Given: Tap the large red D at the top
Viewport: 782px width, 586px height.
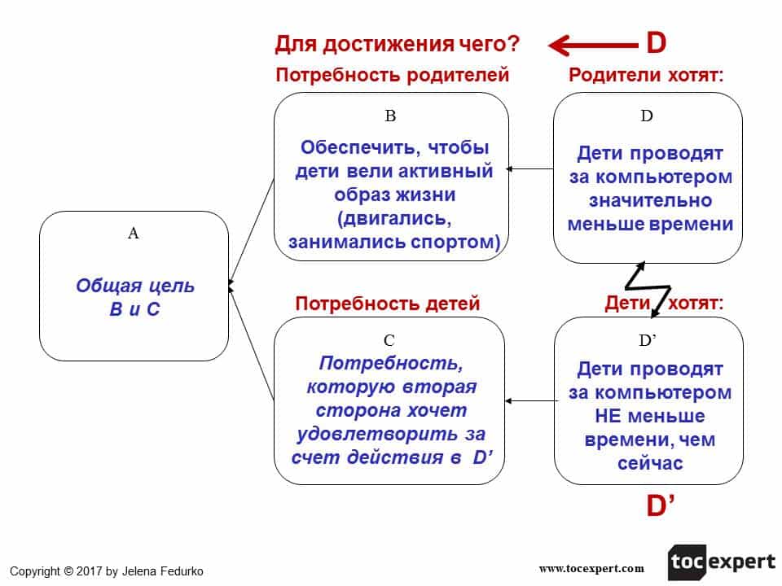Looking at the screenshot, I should (x=656, y=42).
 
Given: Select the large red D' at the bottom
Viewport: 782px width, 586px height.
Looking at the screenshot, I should (x=661, y=506).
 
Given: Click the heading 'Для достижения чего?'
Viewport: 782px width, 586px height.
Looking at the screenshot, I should (x=398, y=44).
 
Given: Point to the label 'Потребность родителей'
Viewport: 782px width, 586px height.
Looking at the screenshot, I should (x=392, y=76).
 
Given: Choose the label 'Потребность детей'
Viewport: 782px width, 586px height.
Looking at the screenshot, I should (x=388, y=304).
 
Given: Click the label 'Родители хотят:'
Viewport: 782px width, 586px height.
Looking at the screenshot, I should (x=646, y=76).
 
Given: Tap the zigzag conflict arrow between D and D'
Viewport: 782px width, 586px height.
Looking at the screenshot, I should (x=648, y=289).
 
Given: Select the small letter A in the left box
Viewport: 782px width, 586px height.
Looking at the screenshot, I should (x=134, y=234).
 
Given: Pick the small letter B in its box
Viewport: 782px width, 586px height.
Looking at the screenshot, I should (x=390, y=116).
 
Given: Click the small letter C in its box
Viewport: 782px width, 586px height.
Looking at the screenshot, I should (x=389, y=340).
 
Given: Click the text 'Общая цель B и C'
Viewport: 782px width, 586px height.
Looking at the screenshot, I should (x=135, y=298).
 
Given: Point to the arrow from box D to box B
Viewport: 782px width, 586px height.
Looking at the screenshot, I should (x=529, y=169).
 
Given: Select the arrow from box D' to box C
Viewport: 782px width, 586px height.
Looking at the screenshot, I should (x=529, y=400).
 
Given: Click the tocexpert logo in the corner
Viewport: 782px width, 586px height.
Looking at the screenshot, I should (x=722, y=562).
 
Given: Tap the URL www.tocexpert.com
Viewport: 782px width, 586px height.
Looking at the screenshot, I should (x=591, y=568).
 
